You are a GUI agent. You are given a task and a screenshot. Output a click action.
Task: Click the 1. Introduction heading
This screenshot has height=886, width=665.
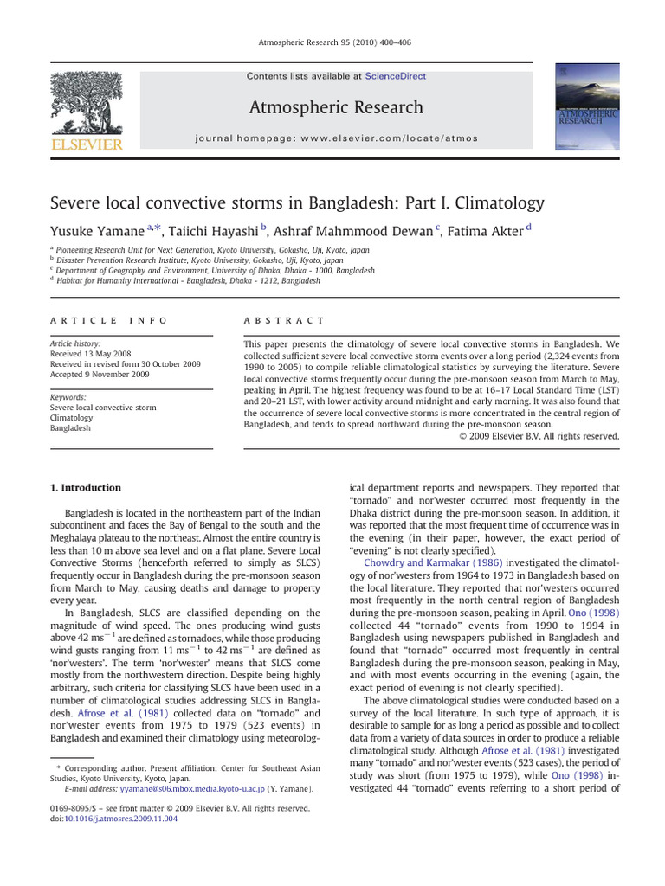[x=86, y=488]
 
